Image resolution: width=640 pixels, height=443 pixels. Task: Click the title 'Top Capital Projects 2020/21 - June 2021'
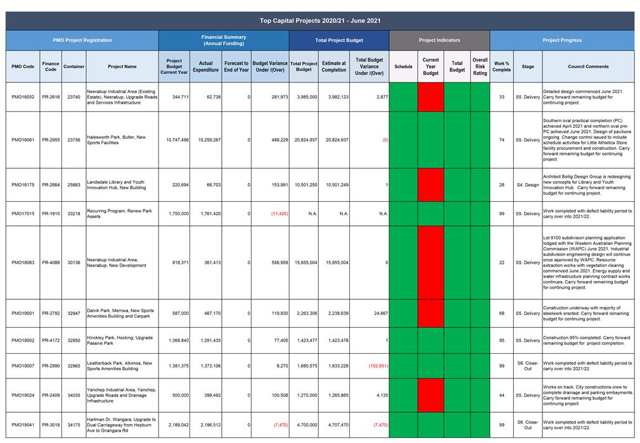click(x=320, y=21)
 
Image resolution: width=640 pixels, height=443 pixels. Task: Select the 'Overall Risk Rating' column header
click(x=480, y=66)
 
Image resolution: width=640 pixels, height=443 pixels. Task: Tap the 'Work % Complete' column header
click(x=502, y=66)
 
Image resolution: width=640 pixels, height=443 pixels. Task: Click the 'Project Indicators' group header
click(x=439, y=41)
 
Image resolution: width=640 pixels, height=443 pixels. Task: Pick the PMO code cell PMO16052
click(x=23, y=97)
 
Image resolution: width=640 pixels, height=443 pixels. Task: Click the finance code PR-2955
click(x=51, y=140)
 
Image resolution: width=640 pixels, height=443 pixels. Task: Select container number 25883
click(x=74, y=185)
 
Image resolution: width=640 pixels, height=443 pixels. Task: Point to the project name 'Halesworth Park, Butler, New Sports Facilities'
click(x=117, y=140)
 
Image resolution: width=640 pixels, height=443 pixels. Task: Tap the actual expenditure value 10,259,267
click(x=209, y=140)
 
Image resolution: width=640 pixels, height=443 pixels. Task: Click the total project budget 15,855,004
click(x=305, y=263)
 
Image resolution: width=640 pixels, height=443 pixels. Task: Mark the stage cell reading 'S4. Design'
click(x=528, y=185)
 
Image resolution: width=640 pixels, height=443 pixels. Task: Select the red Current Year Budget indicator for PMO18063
click(x=431, y=263)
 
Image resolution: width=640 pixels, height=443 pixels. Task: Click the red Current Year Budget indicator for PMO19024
click(x=431, y=396)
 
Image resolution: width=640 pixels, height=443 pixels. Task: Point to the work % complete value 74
click(x=502, y=140)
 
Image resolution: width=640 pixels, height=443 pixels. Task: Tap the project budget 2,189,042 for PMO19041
click(x=178, y=425)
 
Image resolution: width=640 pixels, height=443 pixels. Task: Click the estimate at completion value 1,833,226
click(x=338, y=366)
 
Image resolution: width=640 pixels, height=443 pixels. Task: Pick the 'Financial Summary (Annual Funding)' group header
click(x=224, y=40)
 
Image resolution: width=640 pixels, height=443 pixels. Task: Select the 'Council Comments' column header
click(x=588, y=66)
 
